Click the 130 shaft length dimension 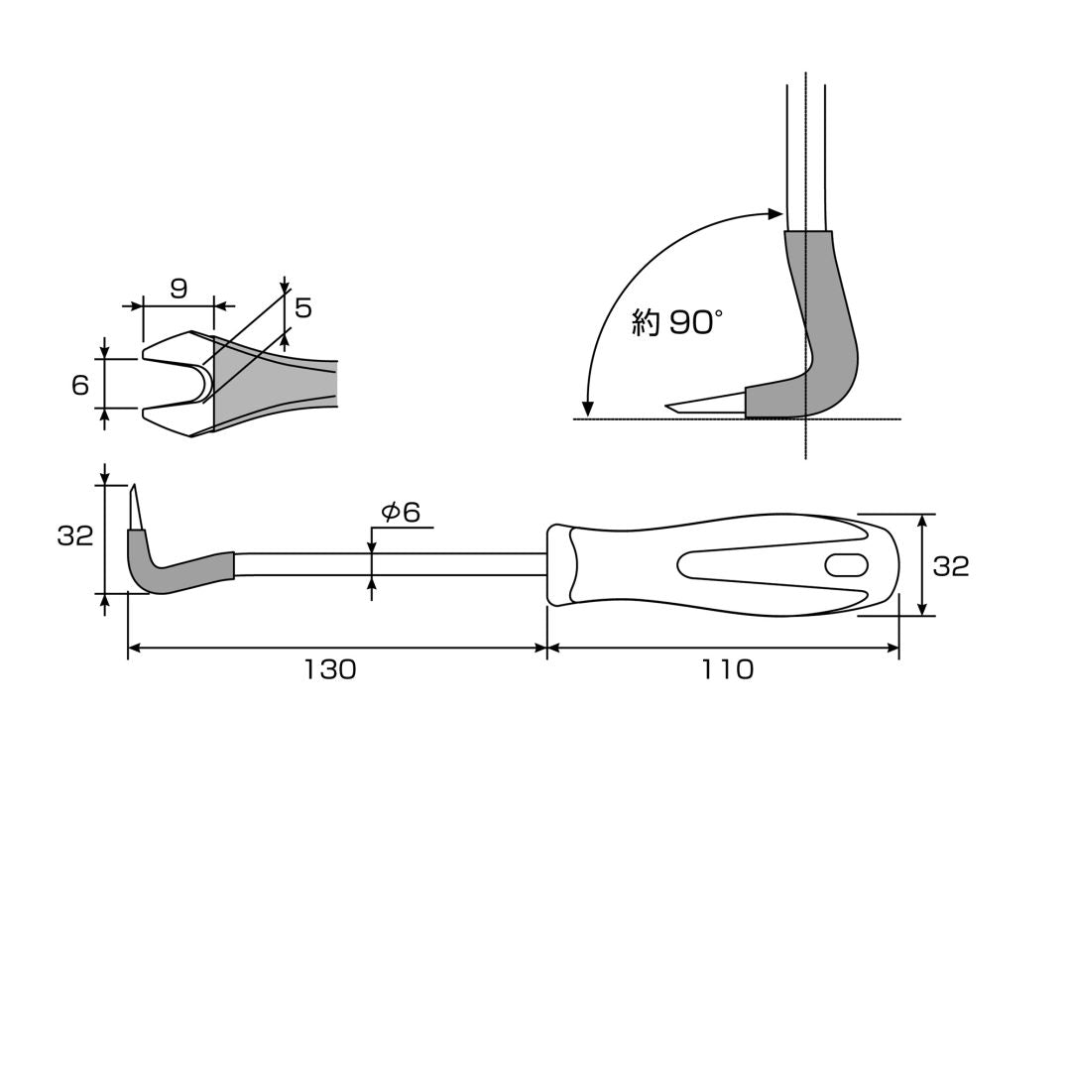(x=330, y=669)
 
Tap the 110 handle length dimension (x=728, y=669)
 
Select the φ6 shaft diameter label (x=401, y=512)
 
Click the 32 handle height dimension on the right (x=951, y=566)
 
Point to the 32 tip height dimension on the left (x=74, y=536)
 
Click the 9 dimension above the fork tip (x=178, y=289)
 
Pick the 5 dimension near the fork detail (x=303, y=308)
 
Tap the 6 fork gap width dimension (x=80, y=385)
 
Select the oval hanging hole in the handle (x=846, y=565)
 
